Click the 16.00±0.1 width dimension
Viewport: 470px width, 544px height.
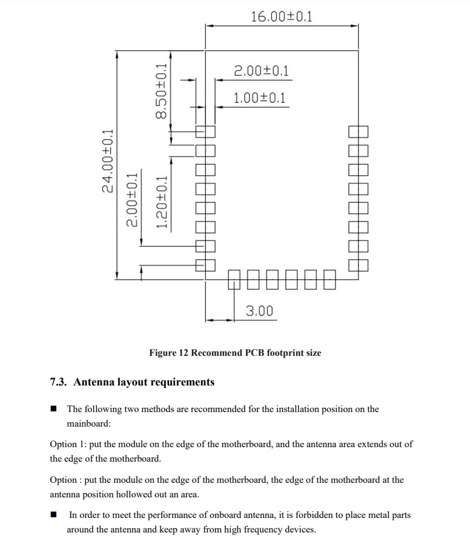[282, 16]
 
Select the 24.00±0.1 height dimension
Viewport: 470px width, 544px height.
[108, 162]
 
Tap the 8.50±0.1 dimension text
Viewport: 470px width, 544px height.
[161, 92]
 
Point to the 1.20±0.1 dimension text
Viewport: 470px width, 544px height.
[162, 202]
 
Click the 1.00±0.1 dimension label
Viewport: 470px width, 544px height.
[260, 98]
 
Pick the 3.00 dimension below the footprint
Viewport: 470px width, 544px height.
[259, 311]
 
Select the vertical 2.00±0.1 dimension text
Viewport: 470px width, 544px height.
[131, 199]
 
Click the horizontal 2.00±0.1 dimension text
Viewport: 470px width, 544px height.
[261, 71]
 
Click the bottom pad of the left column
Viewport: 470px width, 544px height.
[205, 265]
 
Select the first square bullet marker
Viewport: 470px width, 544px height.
[54, 409]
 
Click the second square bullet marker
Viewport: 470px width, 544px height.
[54, 516]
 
